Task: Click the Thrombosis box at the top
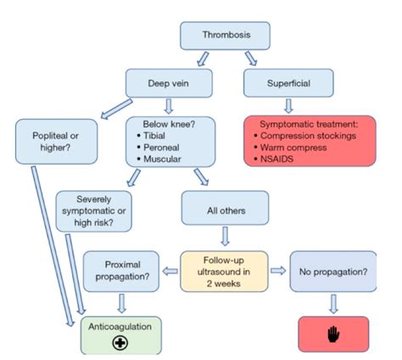tap(225, 35)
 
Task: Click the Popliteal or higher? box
tap(51, 140)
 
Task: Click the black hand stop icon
tap(333, 335)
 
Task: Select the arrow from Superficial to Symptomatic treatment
tap(288, 107)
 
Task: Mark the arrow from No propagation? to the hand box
tap(333, 301)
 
